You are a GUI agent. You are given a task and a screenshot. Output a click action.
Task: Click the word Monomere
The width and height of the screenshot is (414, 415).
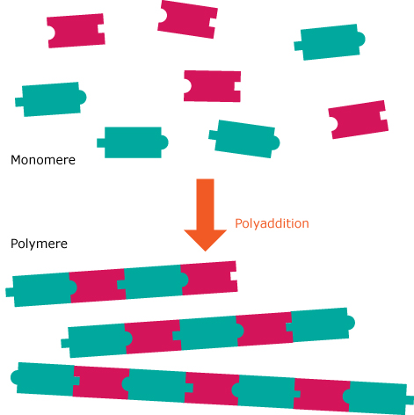43,160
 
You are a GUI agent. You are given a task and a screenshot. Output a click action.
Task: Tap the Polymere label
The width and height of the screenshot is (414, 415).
39,244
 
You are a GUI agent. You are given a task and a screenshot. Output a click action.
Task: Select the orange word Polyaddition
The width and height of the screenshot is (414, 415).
272,223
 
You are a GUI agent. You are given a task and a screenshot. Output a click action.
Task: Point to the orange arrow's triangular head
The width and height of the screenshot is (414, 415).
205,240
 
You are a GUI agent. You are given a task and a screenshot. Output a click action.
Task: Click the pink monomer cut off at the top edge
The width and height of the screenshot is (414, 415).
187,19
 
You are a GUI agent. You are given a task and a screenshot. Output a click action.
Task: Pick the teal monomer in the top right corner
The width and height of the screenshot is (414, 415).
330,42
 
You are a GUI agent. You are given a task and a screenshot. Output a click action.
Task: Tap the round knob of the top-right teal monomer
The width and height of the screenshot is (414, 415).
361,39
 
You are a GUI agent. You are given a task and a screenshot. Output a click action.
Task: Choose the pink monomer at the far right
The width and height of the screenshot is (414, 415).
359,120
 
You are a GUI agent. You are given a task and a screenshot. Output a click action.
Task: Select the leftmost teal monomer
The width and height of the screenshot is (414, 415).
51,99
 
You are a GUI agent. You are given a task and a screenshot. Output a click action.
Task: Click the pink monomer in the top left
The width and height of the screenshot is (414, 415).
76,31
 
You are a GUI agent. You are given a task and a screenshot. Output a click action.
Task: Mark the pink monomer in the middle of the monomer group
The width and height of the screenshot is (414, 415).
212,86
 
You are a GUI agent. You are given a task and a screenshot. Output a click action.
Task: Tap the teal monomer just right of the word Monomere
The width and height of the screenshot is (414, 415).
133,142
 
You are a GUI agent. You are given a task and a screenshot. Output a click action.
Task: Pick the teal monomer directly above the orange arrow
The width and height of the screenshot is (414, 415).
244,139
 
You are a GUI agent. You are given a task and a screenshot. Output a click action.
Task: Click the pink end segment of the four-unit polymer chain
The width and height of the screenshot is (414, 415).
209,278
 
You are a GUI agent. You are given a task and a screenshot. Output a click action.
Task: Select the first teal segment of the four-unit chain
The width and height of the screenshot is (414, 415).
41,290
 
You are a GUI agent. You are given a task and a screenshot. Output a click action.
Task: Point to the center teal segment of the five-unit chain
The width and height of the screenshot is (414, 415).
208,332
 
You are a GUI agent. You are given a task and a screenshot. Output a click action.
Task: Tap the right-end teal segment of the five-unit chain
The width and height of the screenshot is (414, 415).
321,324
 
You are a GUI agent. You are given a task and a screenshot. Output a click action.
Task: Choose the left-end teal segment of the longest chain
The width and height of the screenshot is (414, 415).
45,379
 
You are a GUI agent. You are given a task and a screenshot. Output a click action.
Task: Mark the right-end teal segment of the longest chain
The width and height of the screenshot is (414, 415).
378,397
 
